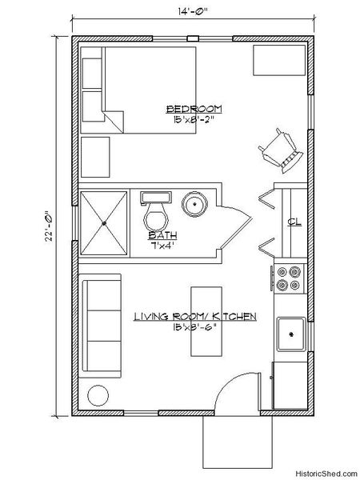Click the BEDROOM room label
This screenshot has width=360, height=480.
(x=194, y=109)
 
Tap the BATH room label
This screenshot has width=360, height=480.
(x=162, y=236)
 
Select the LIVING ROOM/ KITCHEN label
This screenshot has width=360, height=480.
(x=194, y=318)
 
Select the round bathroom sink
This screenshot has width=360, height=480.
(x=194, y=204)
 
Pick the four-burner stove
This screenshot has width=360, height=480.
(x=288, y=278)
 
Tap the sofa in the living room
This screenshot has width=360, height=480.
(x=102, y=326)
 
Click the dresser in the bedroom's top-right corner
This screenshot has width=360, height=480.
(x=278, y=62)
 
